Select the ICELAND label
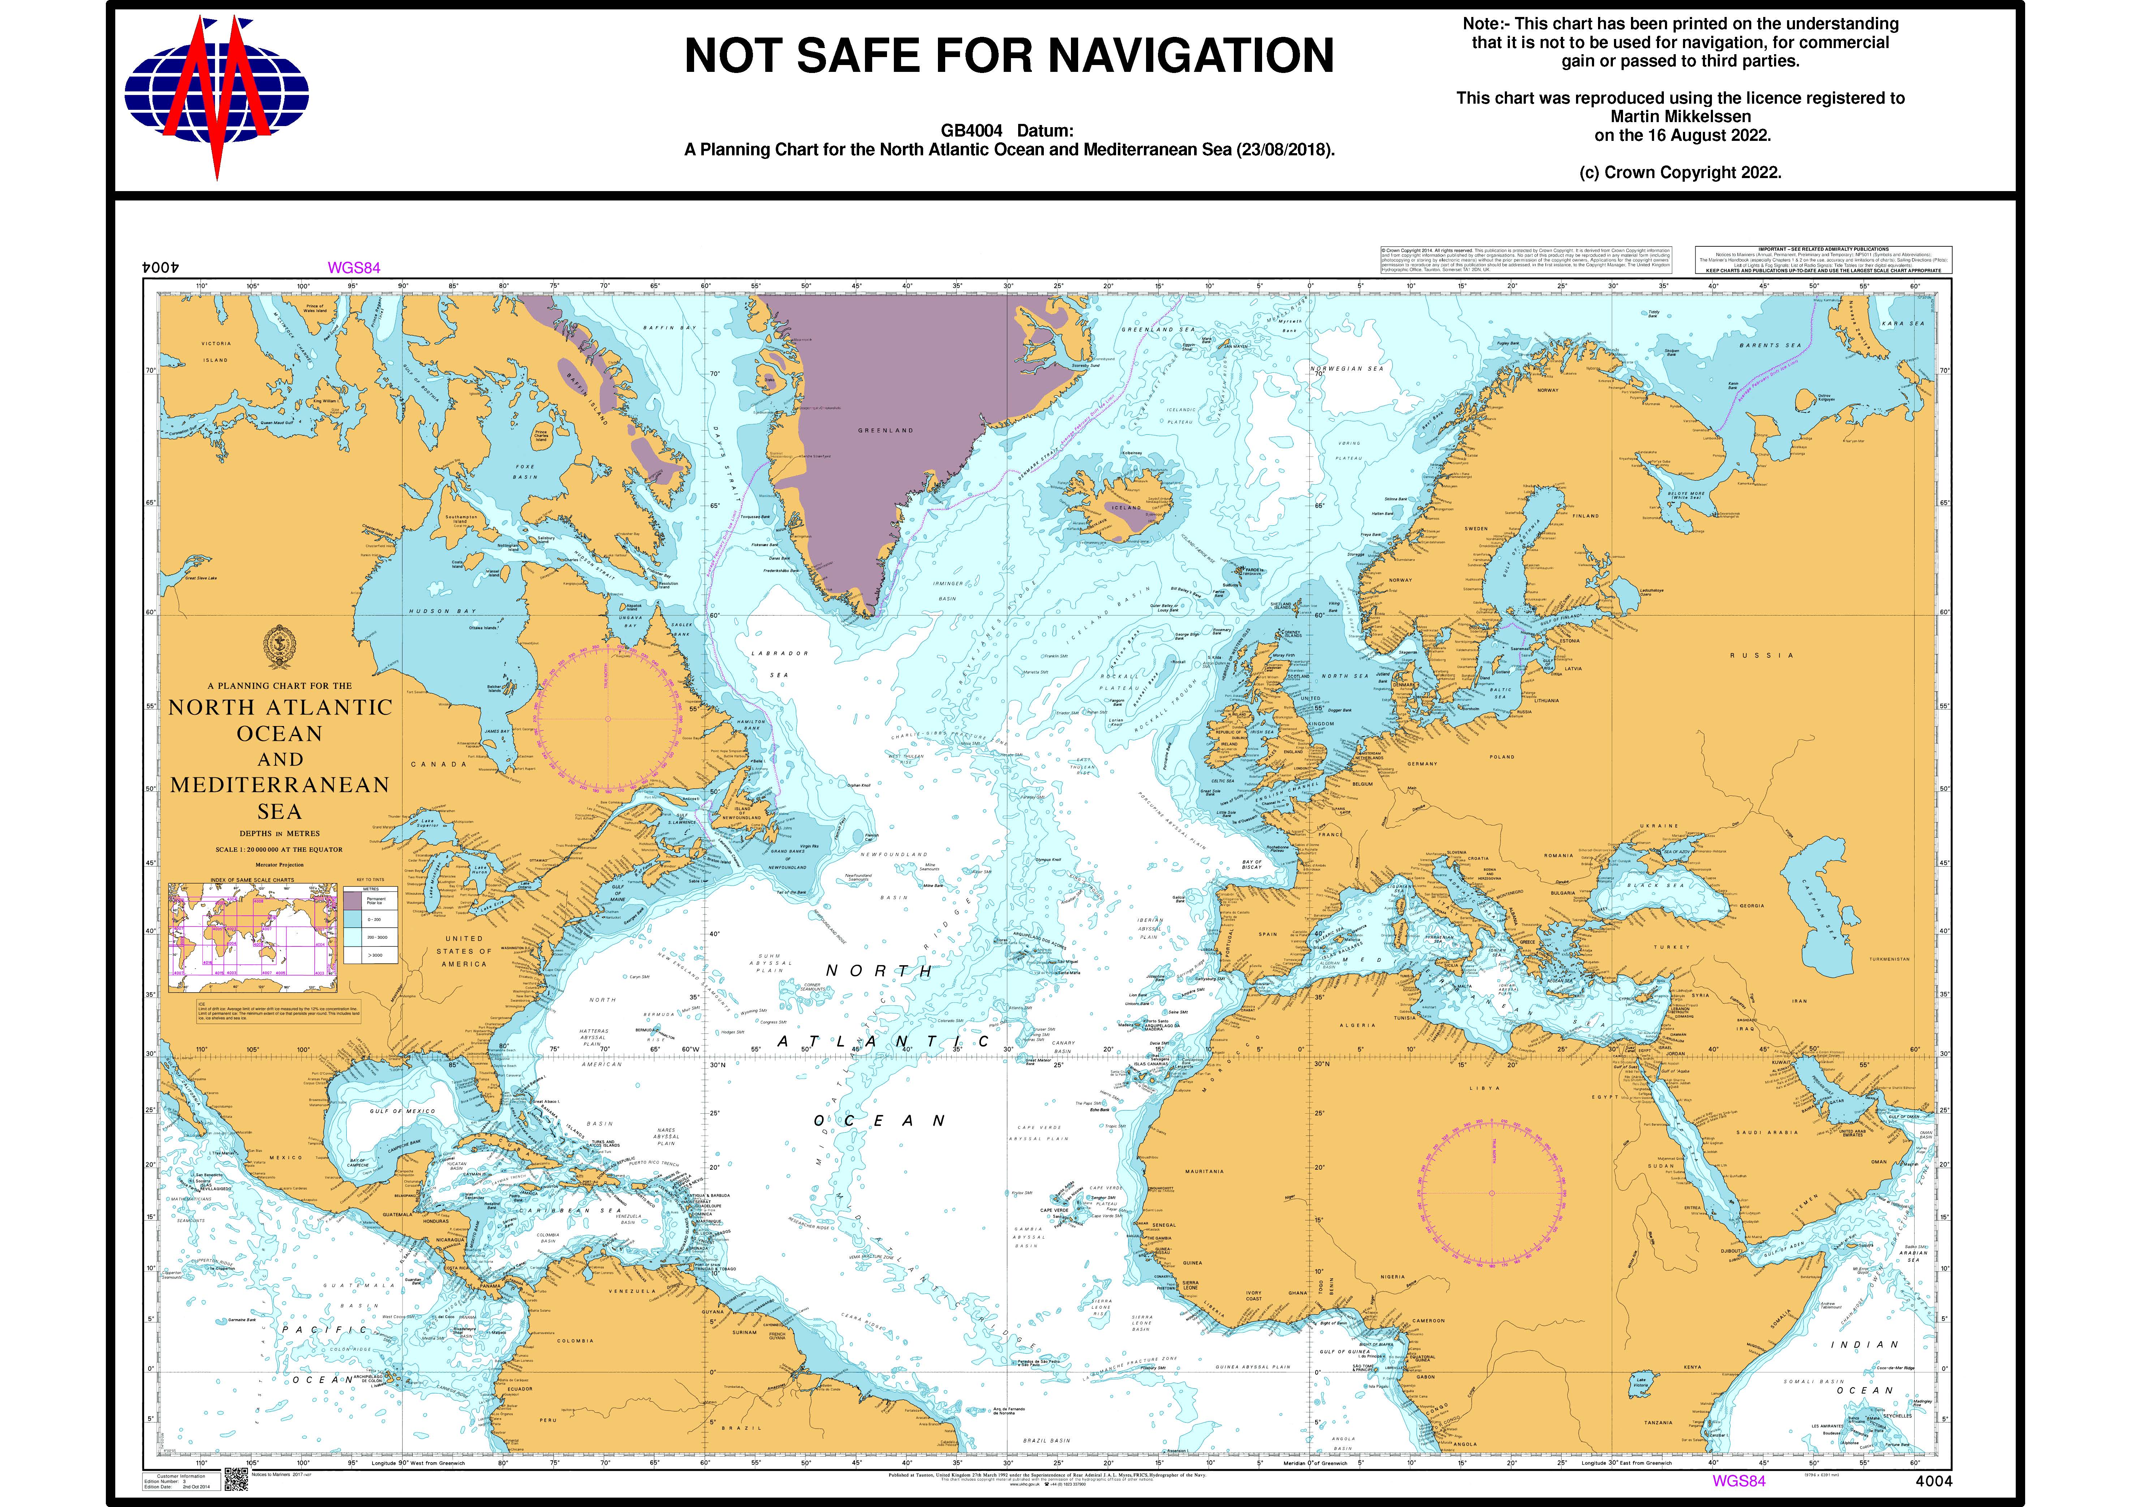(1126, 508)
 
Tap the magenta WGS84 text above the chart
(354, 268)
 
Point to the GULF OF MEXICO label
(402, 1111)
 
